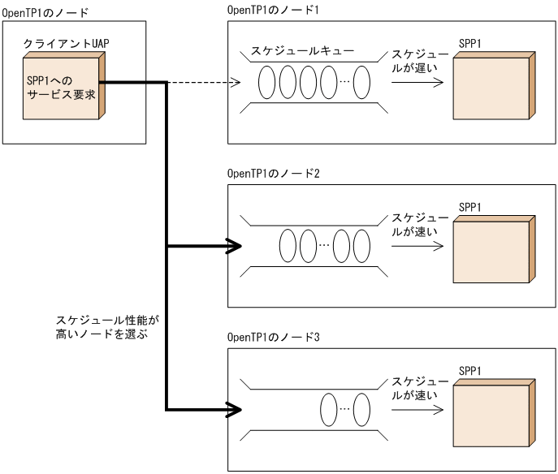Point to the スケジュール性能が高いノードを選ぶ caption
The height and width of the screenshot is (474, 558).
tap(102, 326)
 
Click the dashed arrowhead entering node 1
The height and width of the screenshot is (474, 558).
tap(236, 82)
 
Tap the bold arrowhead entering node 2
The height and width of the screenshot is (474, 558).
tap(235, 246)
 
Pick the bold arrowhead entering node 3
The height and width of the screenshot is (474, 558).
tap(235, 408)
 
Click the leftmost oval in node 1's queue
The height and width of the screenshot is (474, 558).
tap(267, 82)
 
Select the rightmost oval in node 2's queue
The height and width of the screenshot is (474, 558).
tap(361, 245)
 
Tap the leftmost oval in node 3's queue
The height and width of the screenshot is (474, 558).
tap(328, 407)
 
